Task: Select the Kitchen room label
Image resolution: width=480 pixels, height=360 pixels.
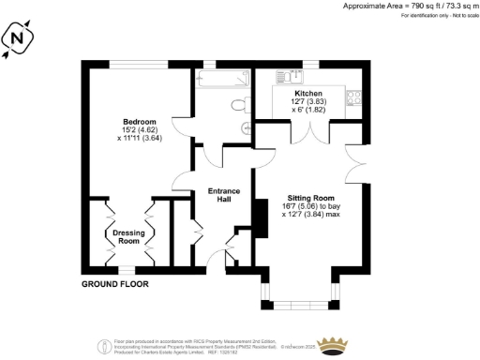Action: (x=308, y=95)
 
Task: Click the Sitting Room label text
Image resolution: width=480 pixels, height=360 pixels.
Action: (x=309, y=199)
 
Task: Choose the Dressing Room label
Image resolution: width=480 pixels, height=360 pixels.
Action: (x=127, y=236)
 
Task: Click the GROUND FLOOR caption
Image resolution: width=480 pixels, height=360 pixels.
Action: (x=114, y=282)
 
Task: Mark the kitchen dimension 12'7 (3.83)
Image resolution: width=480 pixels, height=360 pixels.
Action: (x=309, y=104)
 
